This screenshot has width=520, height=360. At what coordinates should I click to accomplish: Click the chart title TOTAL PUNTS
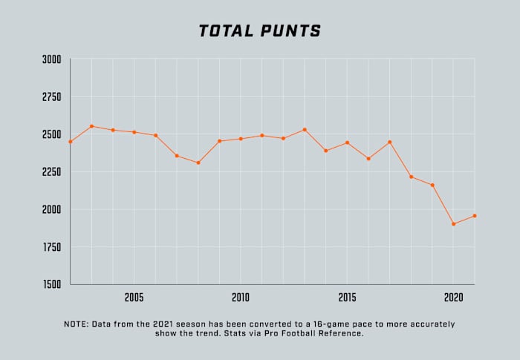[x=260, y=31]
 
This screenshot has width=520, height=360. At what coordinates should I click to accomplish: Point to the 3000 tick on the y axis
[x=52, y=59]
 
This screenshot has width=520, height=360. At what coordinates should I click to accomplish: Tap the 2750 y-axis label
[x=52, y=96]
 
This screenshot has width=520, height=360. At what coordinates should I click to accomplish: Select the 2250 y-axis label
[x=52, y=172]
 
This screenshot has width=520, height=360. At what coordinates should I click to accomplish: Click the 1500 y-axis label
[x=52, y=284]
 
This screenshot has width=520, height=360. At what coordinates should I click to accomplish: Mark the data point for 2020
[x=453, y=223]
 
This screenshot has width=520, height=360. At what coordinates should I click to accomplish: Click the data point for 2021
[x=474, y=216]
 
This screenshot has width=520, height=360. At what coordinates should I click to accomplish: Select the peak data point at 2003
[x=91, y=126]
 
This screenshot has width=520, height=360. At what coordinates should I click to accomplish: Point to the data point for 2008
[x=198, y=163]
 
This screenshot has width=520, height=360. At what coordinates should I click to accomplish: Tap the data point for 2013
[x=305, y=130]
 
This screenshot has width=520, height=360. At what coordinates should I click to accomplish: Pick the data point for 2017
[x=389, y=142]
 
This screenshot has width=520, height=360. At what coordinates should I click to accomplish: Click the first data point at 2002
[x=71, y=142]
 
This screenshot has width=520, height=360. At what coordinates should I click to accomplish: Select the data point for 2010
[x=240, y=139]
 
